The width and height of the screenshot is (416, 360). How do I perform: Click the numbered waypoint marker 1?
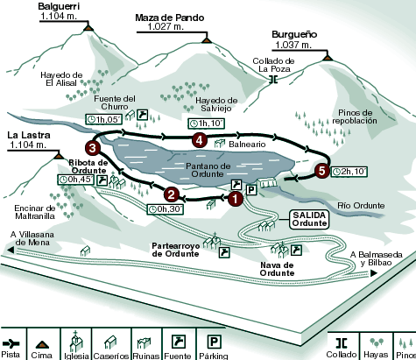235,199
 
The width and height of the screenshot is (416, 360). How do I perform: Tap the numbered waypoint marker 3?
93,148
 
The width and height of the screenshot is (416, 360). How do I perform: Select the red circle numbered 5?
322,171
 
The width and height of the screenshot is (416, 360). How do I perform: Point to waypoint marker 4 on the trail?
200,140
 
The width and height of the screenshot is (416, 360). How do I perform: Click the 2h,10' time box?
349,172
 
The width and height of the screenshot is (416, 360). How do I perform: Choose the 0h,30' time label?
166,209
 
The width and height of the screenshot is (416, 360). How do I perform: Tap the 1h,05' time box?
104,119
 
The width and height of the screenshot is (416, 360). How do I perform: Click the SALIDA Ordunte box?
309,219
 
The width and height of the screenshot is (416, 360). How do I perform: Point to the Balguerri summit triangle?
88,28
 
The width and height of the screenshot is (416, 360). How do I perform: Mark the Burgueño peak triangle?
328,58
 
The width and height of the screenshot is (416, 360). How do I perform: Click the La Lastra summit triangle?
59,156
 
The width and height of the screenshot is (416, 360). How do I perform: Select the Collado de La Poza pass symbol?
273,80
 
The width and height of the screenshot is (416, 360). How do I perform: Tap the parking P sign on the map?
251,190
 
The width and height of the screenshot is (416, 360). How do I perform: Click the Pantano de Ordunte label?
208,170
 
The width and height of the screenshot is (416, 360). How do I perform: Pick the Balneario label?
247,145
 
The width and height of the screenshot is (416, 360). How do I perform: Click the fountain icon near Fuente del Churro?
143,115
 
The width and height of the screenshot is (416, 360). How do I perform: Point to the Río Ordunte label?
361,206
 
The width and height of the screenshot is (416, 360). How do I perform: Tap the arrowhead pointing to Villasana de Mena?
11,250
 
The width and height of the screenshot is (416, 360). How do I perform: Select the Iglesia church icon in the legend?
76,341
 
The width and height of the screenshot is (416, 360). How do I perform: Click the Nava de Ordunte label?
277,269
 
